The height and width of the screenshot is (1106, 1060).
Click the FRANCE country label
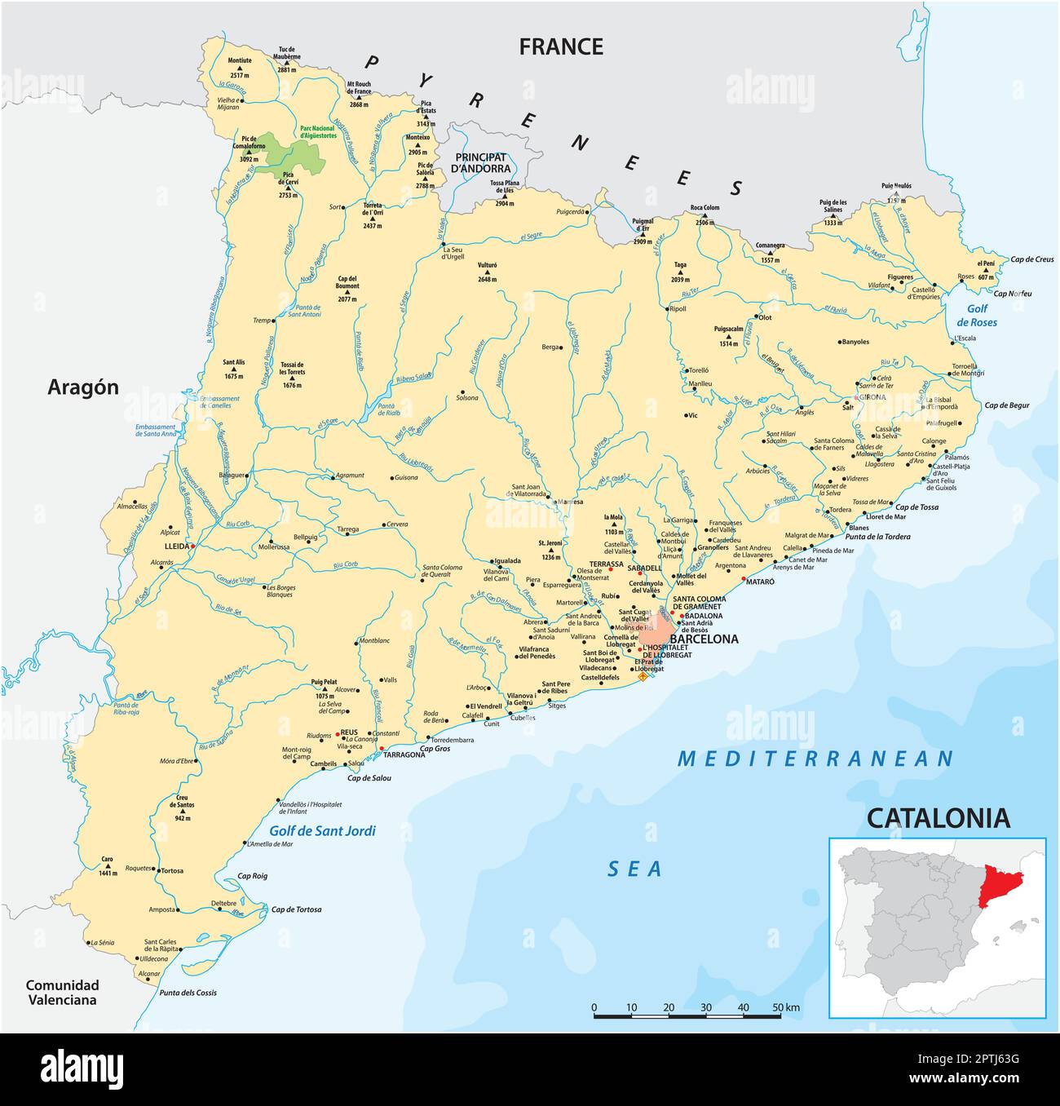[x=561, y=47]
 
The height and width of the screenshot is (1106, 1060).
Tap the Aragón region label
[x=83, y=387]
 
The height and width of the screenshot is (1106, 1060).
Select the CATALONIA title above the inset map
[x=938, y=817]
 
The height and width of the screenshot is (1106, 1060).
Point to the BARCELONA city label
[x=703, y=639]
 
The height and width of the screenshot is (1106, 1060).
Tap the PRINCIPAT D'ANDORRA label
[x=481, y=163]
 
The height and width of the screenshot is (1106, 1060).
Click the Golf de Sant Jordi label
[x=323, y=831]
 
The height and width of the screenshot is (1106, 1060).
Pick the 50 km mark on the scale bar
[x=785, y=1008]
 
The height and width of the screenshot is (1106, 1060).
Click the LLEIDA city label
[x=176, y=546]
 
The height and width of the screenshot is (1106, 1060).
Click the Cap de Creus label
[x=1032, y=260]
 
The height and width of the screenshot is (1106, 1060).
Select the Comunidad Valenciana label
[x=61, y=992]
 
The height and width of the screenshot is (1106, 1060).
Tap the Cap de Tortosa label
[x=296, y=909]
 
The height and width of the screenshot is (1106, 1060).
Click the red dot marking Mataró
[x=743, y=579]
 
